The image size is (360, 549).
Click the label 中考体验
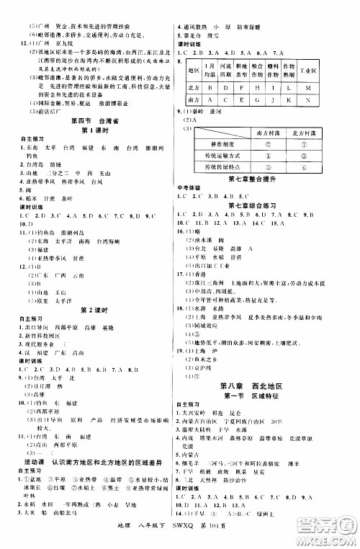(190, 187)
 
